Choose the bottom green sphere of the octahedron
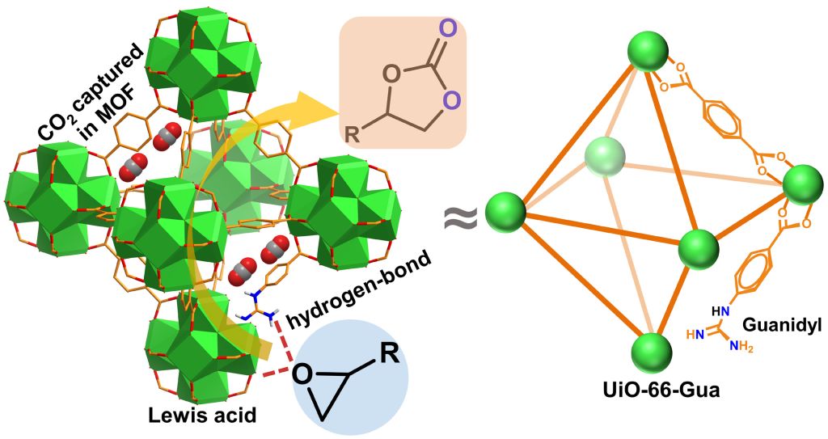(653, 354)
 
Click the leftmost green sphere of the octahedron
(505, 212)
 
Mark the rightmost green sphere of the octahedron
(801, 184)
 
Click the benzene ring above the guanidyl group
(751, 272)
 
